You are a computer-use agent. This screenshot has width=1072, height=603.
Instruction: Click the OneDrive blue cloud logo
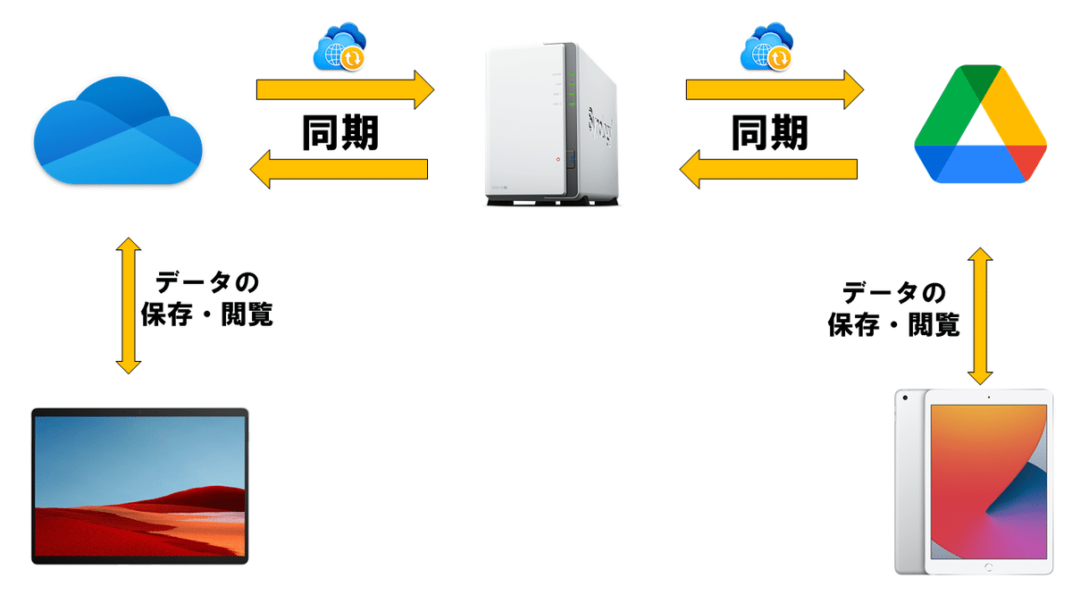tap(118, 134)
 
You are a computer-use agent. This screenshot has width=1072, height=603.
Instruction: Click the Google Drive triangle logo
tap(980, 124)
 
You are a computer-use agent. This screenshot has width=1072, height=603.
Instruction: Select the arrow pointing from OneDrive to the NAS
tap(344, 89)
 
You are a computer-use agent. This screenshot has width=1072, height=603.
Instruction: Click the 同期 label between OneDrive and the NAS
tap(340, 131)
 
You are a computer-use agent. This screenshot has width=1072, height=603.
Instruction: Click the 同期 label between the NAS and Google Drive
tap(769, 131)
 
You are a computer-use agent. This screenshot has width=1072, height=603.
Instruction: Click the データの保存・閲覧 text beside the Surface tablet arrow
tap(207, 299)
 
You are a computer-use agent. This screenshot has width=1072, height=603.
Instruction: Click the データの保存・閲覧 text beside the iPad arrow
tap(893, 308)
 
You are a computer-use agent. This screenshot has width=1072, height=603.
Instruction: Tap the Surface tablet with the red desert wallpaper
tap(140, 486)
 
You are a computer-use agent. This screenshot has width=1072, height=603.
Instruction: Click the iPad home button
tap(988, 567)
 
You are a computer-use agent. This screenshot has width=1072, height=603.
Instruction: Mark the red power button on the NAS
tap(558, 161)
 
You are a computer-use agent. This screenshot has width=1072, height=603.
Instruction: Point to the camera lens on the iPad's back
tap(905, 397)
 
